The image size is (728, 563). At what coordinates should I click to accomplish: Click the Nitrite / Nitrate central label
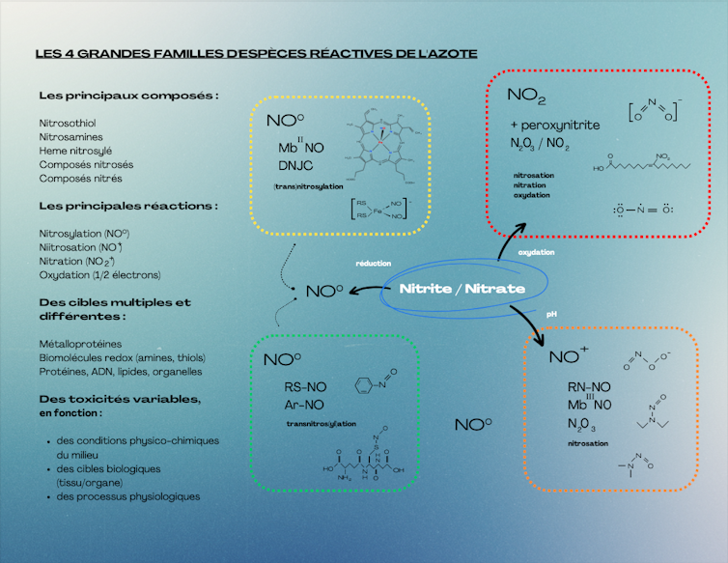(x=462, y=289)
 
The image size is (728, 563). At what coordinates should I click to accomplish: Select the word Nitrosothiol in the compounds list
(x=68, y=124)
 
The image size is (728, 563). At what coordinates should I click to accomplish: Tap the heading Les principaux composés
(x=127, y=96)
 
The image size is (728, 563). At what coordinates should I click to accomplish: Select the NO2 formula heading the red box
(x=527, y=97)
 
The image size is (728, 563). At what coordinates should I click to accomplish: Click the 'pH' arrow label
(x=552, y=314)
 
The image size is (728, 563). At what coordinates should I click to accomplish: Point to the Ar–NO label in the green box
(x=304, y=404)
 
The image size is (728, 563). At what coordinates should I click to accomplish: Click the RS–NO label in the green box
(x=304, y=386)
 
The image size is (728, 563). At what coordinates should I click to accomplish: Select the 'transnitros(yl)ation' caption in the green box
(x=321, y=424)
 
